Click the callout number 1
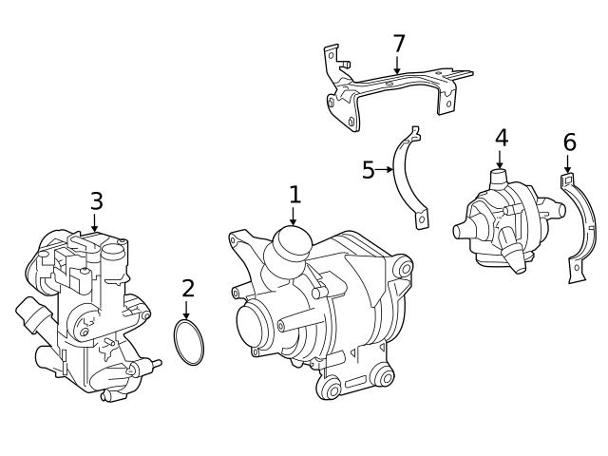click(x=294, y=195)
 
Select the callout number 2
click(x=188, y=288)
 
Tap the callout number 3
click(x=96, y=200)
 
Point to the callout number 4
click(x=501, y=138)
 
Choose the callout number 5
click(x=369, y=170)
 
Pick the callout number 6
click(x=569, y=142)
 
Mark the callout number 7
click(x=399, y=44)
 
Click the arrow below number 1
click(x=294, y=217)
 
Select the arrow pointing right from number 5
click(x=387, y=170)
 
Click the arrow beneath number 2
click(x=187, y=310)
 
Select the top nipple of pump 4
click(x=498, y=178)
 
